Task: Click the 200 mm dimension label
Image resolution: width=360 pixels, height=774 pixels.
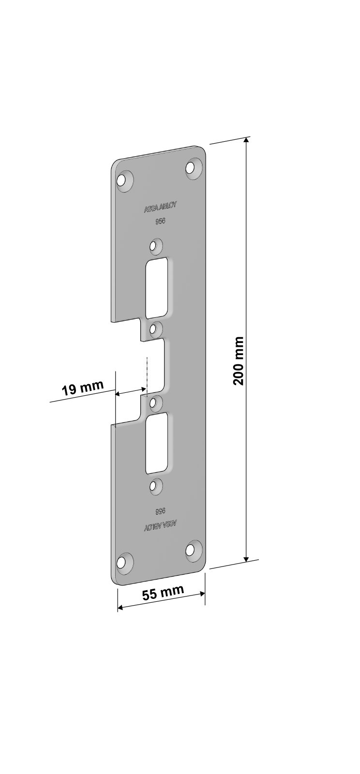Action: (x=239, y=360)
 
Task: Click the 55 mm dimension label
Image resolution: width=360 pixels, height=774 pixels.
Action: (x=163, y=593)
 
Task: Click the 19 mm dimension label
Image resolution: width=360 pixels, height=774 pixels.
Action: (x=83, y=388)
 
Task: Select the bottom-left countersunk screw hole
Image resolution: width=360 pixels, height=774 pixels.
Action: (x=124, y=563)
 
